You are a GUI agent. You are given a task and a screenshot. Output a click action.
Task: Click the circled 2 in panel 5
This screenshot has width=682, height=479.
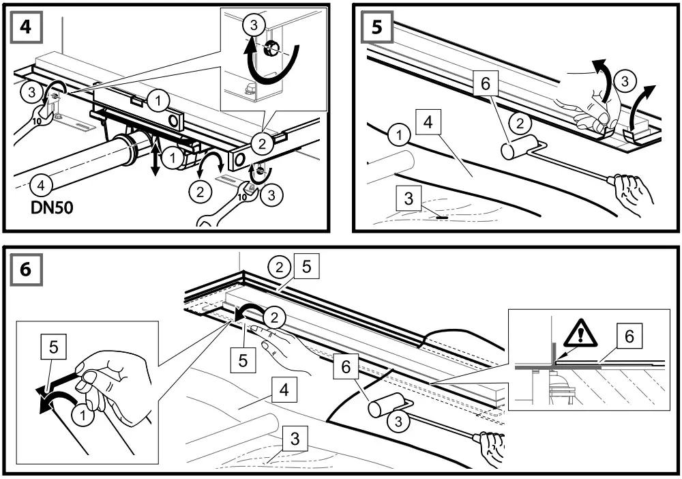520,124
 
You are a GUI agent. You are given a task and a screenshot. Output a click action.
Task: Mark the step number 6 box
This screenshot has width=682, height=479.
25,268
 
